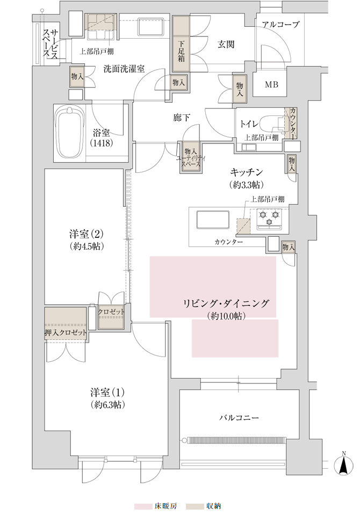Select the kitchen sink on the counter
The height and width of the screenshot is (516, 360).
click(x=213, y=220)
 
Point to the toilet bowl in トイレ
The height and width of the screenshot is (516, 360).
click(x=271, y=124)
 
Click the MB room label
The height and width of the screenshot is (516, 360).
click(x=272, y=85)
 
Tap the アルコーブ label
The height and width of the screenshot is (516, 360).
click(x=281, y=24)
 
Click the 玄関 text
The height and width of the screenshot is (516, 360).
click(x=226, y=44)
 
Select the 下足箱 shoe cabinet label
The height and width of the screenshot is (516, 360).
click(x=182, y=51)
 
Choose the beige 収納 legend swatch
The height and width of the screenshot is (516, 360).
click(x=195, y=506)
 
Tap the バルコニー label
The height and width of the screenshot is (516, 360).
click(x=239, y=418)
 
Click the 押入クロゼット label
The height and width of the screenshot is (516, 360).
click(x=66, y=332)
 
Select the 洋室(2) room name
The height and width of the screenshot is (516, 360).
click(x=87, y=234)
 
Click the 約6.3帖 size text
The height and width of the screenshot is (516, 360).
click(x=107, y=405)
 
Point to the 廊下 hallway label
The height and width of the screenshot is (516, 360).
click(x=182, y=118)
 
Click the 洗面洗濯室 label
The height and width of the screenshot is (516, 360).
click(x=124, y=69)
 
